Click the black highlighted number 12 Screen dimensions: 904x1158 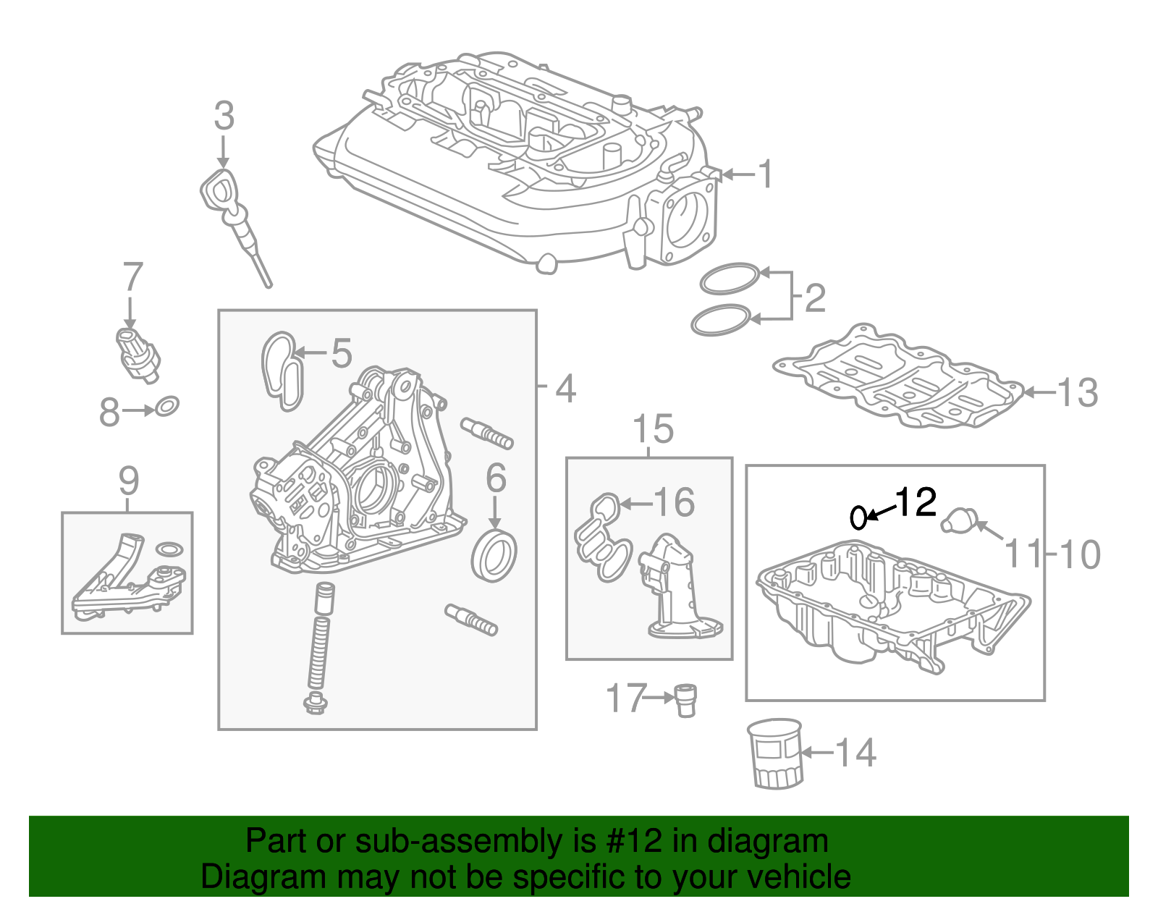(x=916, y=502)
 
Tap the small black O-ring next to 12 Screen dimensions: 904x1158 (x=858, y=517)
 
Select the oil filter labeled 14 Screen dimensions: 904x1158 (x=774, y=753)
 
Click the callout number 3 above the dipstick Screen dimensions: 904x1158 (x=224, y=116)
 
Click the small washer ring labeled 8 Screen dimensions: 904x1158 (x=167, y=407)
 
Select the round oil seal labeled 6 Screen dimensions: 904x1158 (x=494, y=555)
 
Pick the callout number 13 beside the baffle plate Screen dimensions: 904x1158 (x=1077, y=393)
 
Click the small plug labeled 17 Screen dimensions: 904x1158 (x=685, y=699)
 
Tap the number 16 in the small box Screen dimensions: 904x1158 (x=673, y=502)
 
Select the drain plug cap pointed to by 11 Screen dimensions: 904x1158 (x=959, y=519)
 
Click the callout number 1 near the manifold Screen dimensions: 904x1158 (x=764, y=174)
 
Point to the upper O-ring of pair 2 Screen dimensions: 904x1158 (x=729, y=279)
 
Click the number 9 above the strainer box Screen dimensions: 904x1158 (x=128, y=480)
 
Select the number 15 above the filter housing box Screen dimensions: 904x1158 (x=653, y=429)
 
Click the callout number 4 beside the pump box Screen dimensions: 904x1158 (x=565, y=389)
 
